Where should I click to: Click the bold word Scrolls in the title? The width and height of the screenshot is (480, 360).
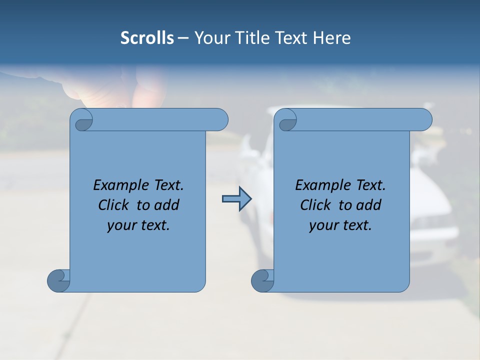(147, 38)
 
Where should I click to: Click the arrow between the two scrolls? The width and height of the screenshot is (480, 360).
(236, 199)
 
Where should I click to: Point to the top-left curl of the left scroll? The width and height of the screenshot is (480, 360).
(83, 120)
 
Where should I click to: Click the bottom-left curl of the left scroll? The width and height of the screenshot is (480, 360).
(58, 280)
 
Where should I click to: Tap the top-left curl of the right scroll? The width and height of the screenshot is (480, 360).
(287, 120)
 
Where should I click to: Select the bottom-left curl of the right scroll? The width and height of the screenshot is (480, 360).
(262, 280)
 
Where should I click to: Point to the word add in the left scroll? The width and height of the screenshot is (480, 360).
(167, 205)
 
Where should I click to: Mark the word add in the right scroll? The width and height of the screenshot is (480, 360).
(369, 205)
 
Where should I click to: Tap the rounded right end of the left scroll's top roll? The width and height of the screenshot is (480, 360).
(220, 120)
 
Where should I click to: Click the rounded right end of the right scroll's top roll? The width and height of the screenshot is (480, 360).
(424, 120)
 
